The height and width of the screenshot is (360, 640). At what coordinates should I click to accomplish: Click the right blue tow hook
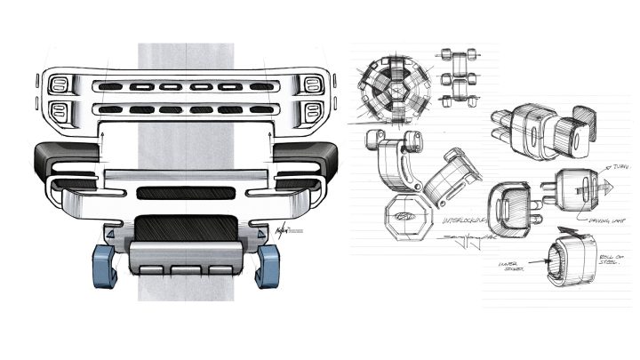point(268,265)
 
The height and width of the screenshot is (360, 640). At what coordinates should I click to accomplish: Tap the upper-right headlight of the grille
point(312,84)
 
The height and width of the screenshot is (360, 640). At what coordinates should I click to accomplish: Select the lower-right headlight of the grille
point(312,111)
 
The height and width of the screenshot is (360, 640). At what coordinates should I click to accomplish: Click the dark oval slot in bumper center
point(185,192)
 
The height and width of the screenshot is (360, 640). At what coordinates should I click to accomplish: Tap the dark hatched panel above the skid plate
point(185,228)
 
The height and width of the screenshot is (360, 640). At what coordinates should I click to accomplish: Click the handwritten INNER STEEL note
point(509,265)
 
